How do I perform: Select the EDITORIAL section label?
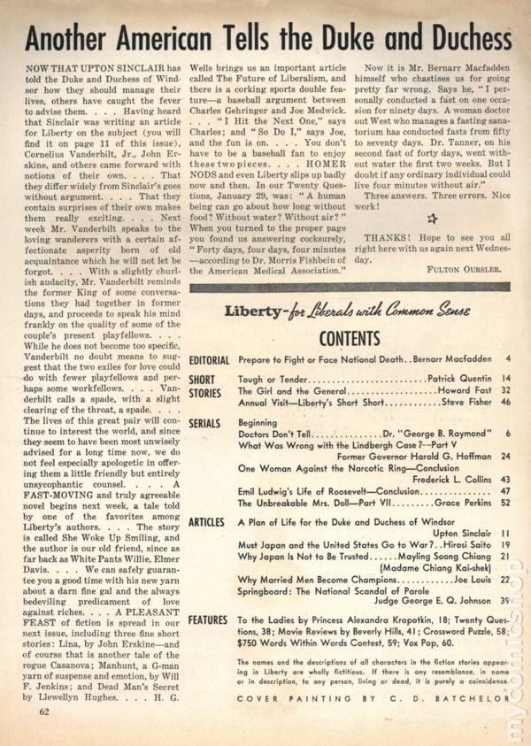point(209,360)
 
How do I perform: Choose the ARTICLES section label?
point(207,523)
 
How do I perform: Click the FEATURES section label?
point(207,621)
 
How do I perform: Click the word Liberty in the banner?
point(254,313)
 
